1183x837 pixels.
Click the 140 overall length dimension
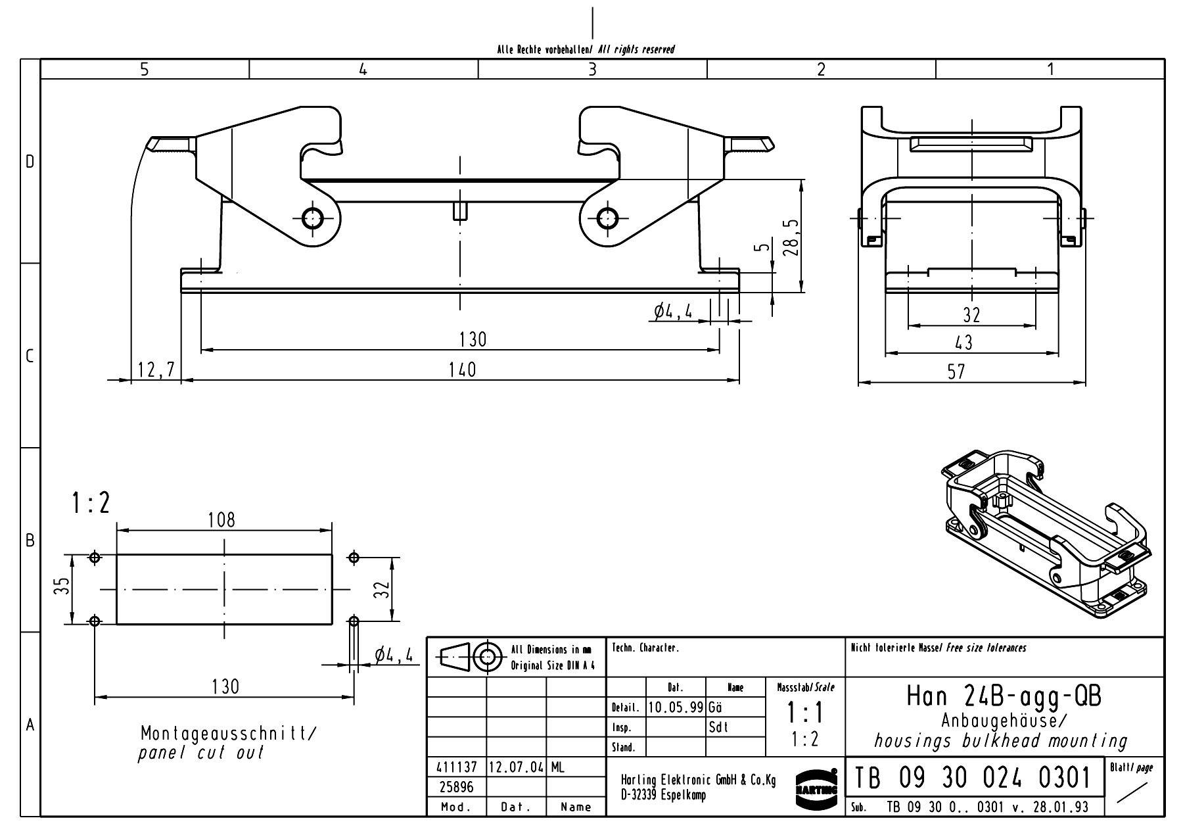click(x=461, y=370)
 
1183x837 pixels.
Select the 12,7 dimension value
click(x=156, y=370)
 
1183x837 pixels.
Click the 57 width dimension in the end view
click(x=957, y=371)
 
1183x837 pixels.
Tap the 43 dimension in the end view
click(x=963, y=343)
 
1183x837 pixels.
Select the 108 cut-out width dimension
click(x=221, y=520)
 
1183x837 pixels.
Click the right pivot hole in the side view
click(x=607, y=218)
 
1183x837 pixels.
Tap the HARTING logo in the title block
click(x=816, y=783)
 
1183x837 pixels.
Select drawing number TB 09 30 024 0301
click(x=973, y=778)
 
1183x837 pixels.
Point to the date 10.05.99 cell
click(x=676, y=707)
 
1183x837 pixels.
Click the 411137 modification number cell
click(x=456, y=767)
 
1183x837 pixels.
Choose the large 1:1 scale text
click(x=805, y=713)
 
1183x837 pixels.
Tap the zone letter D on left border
click(x=30, y=162)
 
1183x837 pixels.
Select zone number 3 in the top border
click(x=592, y=69)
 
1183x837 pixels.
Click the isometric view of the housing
click(x=1045, y=533)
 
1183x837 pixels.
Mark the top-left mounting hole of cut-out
click(x=95, y=558)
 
